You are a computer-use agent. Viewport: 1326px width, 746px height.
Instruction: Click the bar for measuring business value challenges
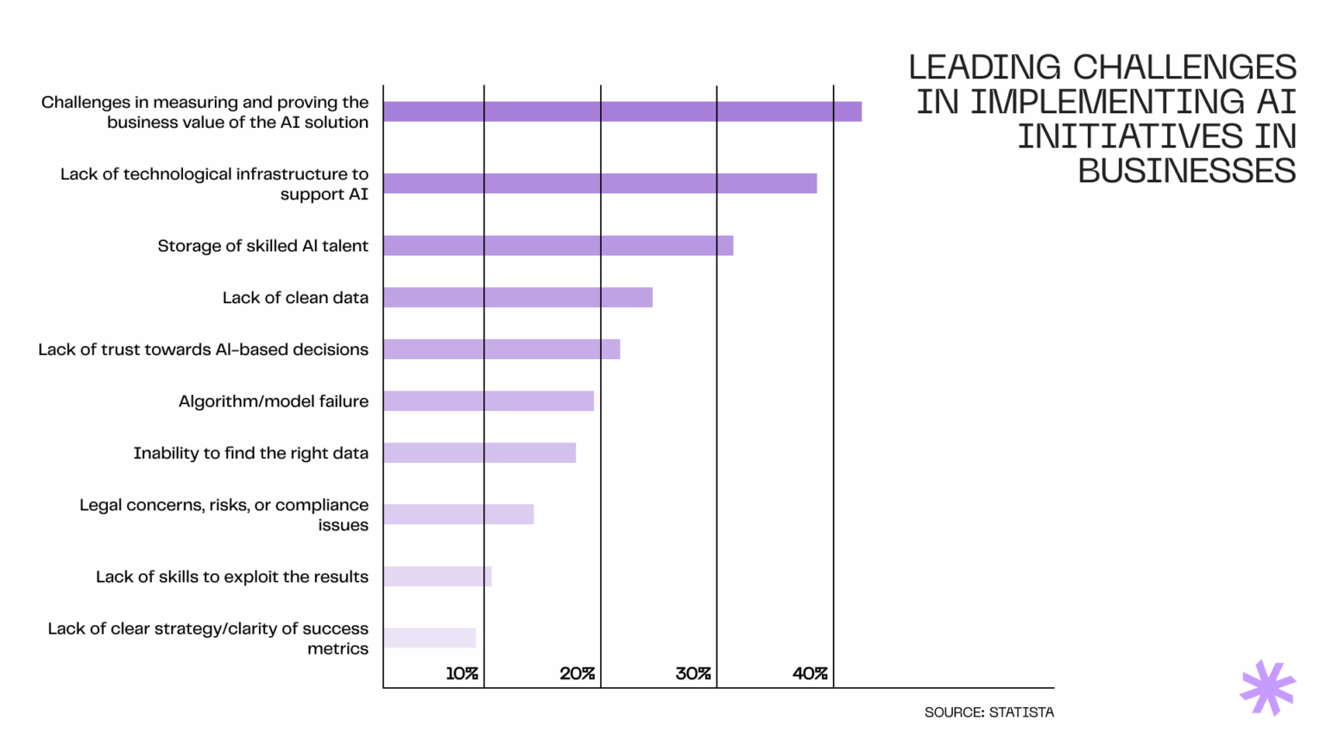click(622, 111)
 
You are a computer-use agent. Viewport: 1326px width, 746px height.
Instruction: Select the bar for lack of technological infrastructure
click(600, 183)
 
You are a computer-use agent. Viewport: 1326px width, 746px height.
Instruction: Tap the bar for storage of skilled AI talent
click(559, 246)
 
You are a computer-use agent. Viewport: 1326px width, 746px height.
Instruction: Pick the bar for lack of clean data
click(518, 298)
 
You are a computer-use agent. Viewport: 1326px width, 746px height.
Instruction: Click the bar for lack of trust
click(502, 350)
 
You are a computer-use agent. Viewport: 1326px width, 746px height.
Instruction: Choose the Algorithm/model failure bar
click(489, 401)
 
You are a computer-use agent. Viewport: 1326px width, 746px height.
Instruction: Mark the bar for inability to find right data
click(480, 453)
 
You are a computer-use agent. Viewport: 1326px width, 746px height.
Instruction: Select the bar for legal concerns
click(458, 515)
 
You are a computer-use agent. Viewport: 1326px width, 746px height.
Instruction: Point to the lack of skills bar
click(438, 577)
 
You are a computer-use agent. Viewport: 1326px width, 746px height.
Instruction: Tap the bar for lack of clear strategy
click(430, 638)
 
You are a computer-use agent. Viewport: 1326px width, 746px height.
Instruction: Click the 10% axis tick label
click(462, 673)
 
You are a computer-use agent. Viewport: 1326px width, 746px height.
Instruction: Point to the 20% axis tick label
click(578, 673)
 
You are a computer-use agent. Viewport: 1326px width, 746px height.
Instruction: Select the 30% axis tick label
click(693, 673)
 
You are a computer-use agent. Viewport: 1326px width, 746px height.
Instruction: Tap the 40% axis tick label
click(810, 673)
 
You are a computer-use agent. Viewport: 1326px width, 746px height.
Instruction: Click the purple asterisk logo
click(1267, 688)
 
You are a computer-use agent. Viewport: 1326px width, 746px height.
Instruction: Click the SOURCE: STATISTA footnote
click(988, 712)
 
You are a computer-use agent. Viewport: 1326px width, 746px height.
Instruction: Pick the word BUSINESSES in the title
click(1186, 171)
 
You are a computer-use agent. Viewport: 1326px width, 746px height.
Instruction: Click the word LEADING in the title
click(985, 67)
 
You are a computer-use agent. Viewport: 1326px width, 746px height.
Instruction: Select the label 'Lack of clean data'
click(295, 298)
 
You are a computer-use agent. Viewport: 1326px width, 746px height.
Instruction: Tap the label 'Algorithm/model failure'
click(274, 401)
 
